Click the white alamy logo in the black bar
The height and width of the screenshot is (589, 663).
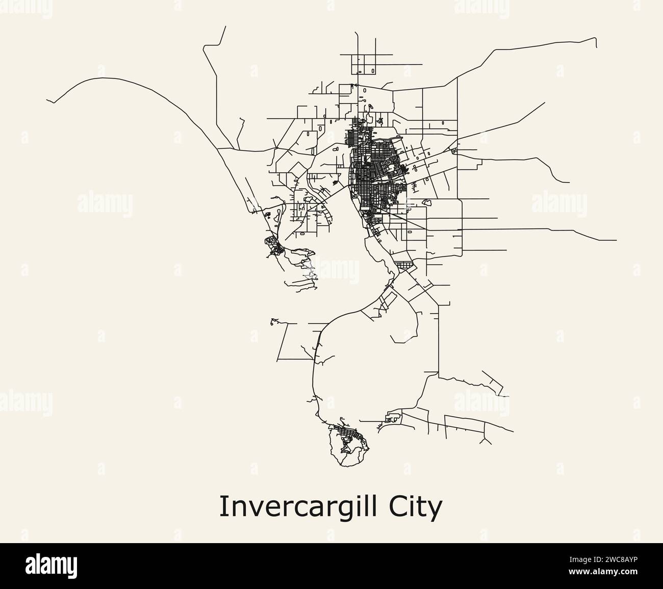pyautogui.click(x=52, y=566)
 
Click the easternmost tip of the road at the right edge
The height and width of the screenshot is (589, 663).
pyautogui.click(x=617, y=240)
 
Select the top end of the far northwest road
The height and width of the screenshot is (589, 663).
pyautogui.click(x=225, y=27)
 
